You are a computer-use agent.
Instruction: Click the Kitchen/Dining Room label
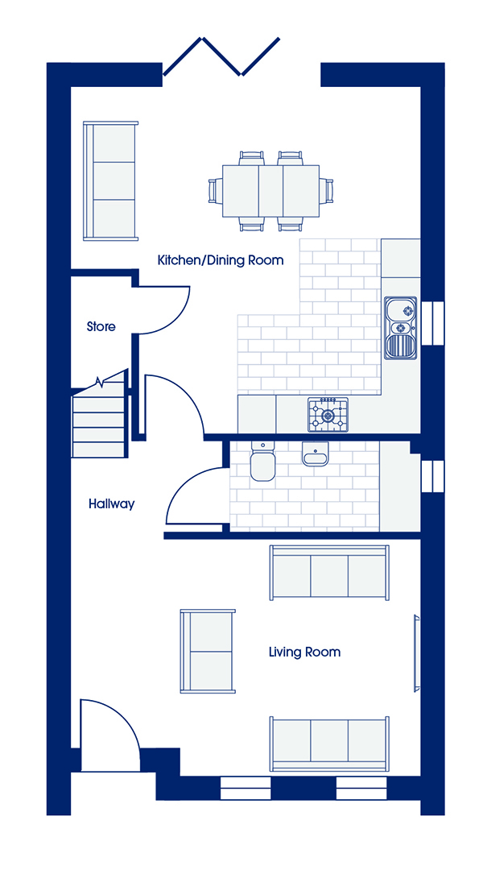(x=221, y=259)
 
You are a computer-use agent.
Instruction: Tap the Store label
(x=101, y=326)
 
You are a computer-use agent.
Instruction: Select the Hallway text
(x=111, y=504)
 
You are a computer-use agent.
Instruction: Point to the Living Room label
(x=304, y=652)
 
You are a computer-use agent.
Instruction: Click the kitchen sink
(x=401, y=328)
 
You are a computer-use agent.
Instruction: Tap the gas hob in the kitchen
(x=328, y=415)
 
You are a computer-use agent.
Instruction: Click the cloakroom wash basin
(x=316, y=454)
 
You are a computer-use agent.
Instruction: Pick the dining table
(x=270, y=191)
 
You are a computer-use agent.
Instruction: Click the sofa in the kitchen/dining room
(x=110, y=181)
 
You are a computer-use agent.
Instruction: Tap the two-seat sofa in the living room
(x=208, y=652)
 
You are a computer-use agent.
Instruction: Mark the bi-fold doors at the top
(x=221, y=56)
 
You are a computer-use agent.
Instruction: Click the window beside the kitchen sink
(x=432, y=324)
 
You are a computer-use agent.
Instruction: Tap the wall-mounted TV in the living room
(x=416, y=652)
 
